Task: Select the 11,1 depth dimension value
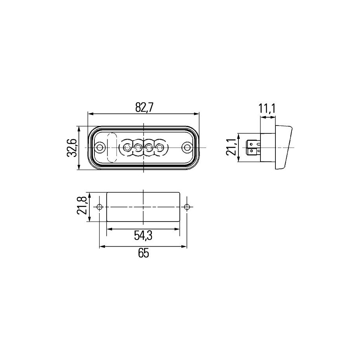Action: pos(267,109)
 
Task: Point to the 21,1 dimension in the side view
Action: pos(230,147)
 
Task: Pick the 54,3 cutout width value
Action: pos(143,236)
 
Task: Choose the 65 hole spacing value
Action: pos(144,253)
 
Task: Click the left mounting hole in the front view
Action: pos(100,147)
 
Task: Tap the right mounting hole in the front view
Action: pos(187,147)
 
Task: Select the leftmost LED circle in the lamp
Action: pos(127,147)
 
